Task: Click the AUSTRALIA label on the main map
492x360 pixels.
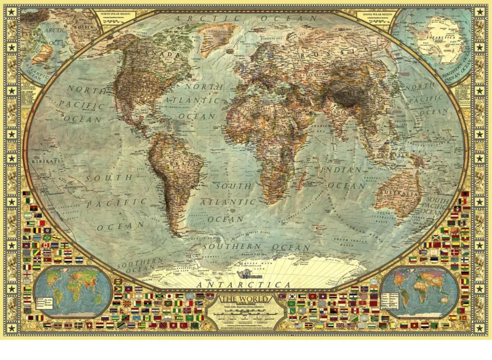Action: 401,194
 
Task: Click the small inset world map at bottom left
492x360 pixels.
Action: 73,291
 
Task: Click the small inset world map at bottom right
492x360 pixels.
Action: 421,290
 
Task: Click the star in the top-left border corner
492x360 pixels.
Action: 10,10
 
